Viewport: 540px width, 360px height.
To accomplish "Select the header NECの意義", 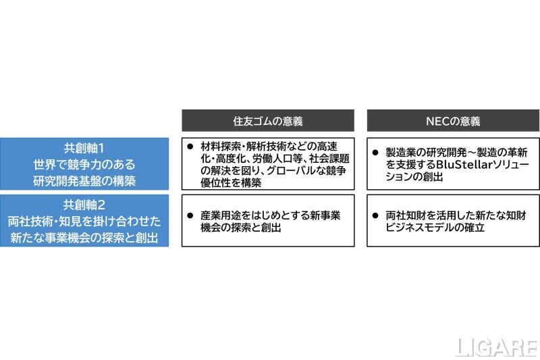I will (x=454, y=121).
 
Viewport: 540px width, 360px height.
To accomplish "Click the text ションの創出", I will (x=415, y=176).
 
